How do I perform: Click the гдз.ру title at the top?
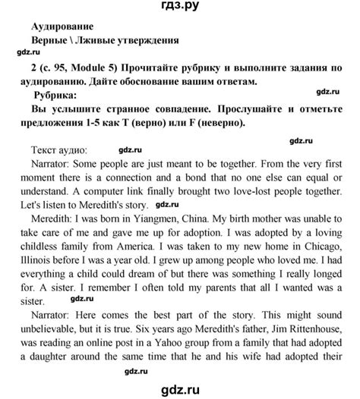[181, 9]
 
